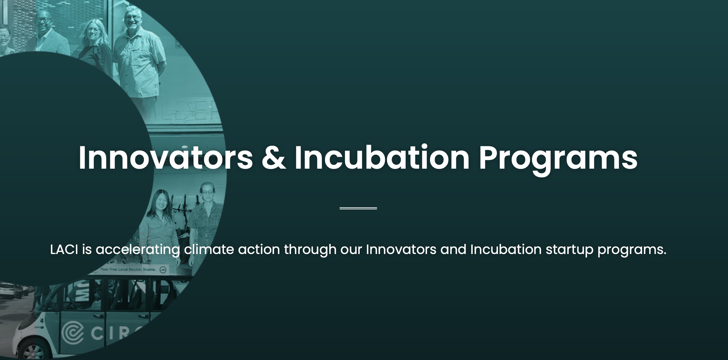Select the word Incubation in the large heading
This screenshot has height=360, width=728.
point(382,158)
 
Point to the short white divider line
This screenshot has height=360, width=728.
point(358,208)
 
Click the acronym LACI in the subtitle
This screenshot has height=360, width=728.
point(64,249)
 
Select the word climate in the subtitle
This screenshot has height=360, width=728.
point(209,249)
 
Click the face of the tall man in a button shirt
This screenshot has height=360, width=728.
point(133,18)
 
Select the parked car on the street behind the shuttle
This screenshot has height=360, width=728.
point(10,290)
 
